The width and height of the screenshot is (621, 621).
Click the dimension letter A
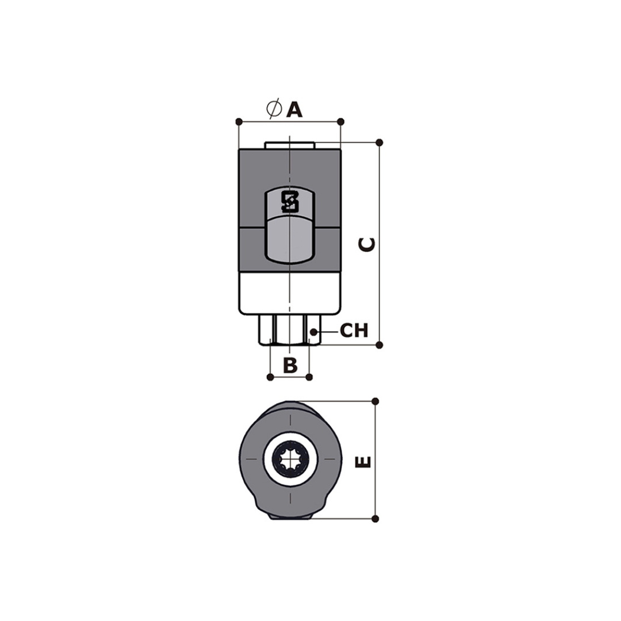[294, 110]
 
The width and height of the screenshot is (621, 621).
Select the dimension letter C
[367, 244]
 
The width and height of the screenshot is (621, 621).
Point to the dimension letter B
[290, 365]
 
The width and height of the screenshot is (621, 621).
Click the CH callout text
[354, 331]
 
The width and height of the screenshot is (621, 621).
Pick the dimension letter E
[363, 462]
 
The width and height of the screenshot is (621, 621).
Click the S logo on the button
[289, 202]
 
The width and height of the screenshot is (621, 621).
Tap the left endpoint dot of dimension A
[239, 121]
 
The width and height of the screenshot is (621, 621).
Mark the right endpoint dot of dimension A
[340, 121]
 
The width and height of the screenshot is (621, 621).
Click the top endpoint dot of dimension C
[379, 143]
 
